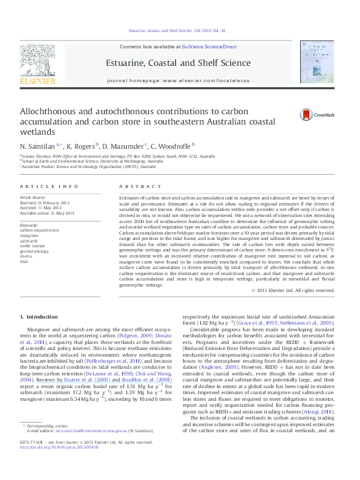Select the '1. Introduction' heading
pos(39,317)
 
